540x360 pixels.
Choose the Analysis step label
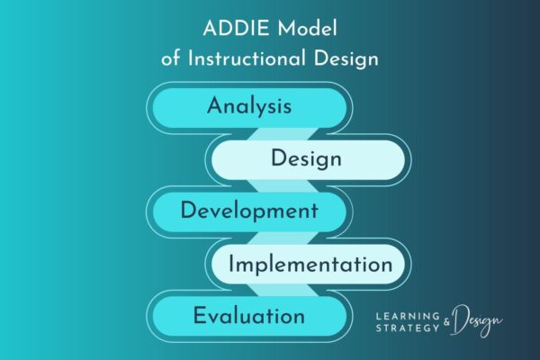coord(248,106)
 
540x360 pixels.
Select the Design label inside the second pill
coord(306,159)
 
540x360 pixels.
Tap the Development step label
coord(248,211)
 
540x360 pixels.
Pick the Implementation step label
coord(310,265)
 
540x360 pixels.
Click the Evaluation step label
coord(248,316)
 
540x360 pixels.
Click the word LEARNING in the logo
coord(407,317)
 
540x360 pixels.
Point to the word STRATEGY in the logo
coord(407,329)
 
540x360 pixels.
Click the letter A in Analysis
coord(214,106)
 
